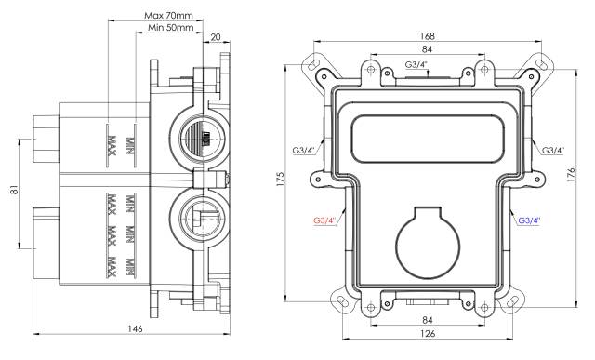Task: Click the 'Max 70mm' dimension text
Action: [169, 15]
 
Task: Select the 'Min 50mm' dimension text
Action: [171, 29]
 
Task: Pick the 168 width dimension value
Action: [427, 35]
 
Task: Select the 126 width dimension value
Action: [427, 334]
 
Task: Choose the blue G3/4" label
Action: [529, 220]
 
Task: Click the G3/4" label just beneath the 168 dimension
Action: [417, 64]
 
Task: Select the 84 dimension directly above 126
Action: [427, 320]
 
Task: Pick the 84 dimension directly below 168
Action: [427, 49]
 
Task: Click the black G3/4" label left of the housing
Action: [305, 150]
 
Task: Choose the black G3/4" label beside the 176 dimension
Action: [554, 150]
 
